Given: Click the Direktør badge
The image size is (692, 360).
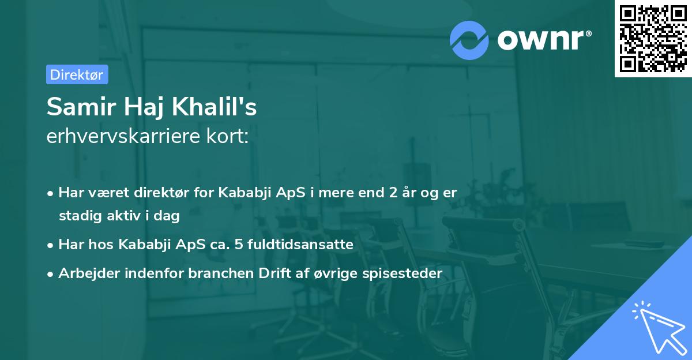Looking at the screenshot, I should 77,74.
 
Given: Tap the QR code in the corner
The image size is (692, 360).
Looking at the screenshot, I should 653,39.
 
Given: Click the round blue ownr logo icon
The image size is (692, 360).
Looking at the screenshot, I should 469,40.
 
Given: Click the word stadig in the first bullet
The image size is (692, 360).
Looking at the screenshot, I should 77,216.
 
